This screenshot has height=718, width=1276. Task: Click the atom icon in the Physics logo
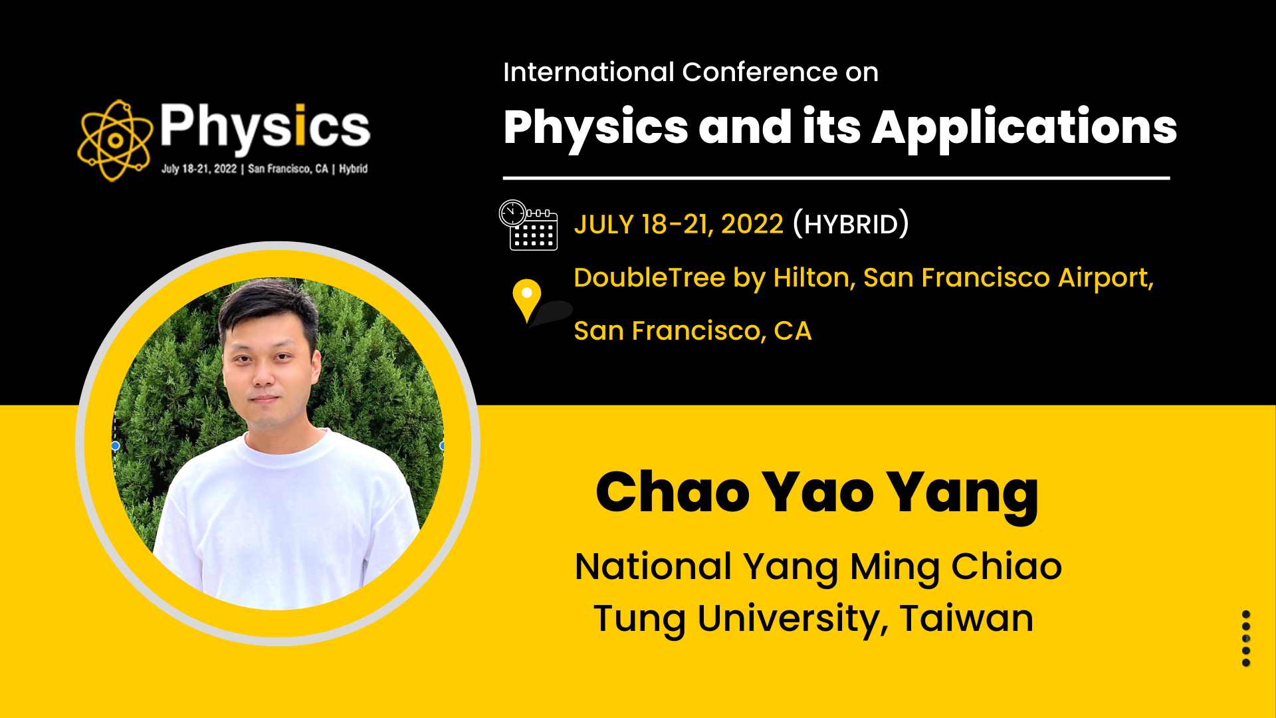pyautogui.click(x=114, y=140)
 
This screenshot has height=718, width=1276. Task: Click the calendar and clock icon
pyautogui.click(x=528, y=225)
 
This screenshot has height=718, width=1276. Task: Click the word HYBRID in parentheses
pyautogui.click(x=851, y=224)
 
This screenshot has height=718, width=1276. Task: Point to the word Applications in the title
pyautogui.click(x=1024, y=128)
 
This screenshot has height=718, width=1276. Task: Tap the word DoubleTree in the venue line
pyautogui.click(x=649, y=277)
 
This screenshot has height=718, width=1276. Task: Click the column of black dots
pyautogui.click(x=1246, y=638)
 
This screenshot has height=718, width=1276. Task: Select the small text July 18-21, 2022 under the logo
pyautogui.click(x=199, y=169)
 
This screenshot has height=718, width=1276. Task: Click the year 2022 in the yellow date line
pyautogui.click(x=752, y=224)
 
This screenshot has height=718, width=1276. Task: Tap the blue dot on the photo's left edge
pyautogui.click(x=115, y=445)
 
